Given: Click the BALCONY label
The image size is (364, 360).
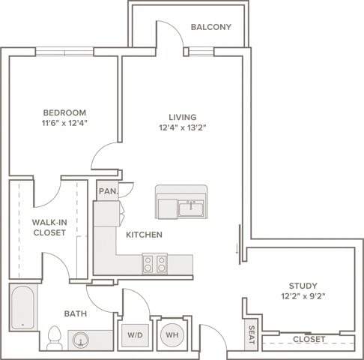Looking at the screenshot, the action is click(211, 27).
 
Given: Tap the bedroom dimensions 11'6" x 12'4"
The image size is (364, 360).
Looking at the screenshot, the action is click(64, 123).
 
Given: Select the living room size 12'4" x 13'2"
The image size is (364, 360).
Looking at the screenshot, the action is click(183, 127).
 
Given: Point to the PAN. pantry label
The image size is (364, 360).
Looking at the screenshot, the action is click(108, 191).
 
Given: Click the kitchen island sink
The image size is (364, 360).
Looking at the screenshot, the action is click(191, 208).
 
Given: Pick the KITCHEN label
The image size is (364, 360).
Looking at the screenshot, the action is click(144, 235).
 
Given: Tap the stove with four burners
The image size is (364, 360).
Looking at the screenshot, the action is click(155, 264).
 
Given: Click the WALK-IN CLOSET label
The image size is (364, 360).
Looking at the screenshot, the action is click(49, 227).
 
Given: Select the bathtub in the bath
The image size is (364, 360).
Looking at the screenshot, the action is click(22, 307).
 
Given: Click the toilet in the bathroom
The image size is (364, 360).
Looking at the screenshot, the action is click(55, 338).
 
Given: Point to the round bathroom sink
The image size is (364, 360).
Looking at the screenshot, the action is click(81, 340).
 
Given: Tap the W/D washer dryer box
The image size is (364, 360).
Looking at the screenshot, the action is click(135, 335).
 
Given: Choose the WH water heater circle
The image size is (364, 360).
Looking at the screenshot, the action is click(172, 335).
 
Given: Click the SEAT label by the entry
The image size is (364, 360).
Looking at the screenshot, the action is click(252, 334).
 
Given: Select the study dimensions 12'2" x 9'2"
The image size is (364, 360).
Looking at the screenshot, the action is click(303, 296).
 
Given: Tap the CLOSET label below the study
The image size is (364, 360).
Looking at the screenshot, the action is click(309, 339).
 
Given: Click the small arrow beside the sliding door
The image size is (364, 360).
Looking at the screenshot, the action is click(237, 249).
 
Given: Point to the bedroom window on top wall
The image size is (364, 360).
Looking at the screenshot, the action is click(64, 52).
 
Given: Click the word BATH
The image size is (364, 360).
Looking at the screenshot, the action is click(76, 313).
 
